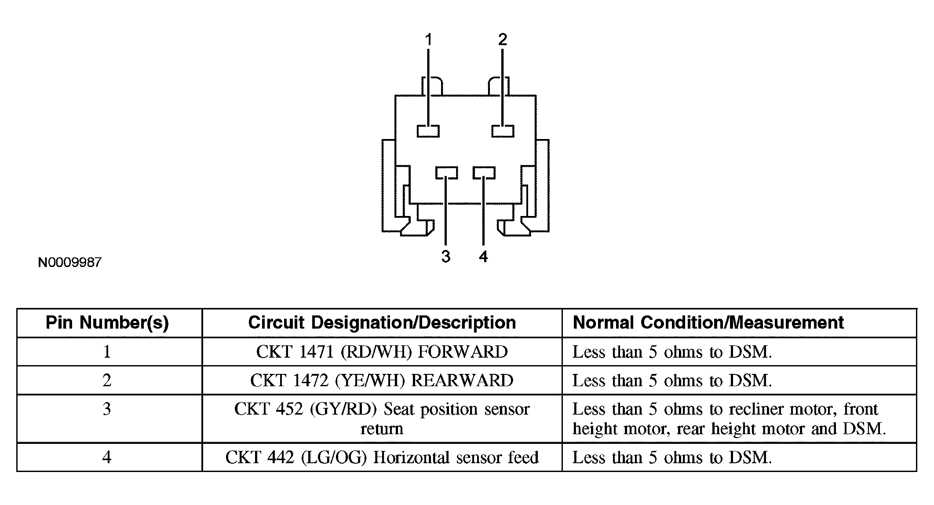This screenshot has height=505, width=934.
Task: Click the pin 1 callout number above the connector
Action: click(428, 40)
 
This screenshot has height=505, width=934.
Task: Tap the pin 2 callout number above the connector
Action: click(503, 40)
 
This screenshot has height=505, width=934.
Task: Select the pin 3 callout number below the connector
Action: click(446, 256)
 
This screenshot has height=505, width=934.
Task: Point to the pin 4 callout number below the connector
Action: click(483, 256)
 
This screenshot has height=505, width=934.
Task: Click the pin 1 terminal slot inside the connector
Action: click(428, 131)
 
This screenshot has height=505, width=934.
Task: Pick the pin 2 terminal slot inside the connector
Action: click(503, 131)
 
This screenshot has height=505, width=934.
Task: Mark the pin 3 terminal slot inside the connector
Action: click(446, 172)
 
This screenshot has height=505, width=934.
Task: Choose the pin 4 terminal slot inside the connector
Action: click(484, 172)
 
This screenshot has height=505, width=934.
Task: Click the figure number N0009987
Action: click(70, 263)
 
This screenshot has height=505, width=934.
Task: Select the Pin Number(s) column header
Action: click(107, 323)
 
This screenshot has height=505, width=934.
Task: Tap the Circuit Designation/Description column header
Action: click(382, 323)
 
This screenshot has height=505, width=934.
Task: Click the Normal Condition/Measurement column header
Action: click(708, 323)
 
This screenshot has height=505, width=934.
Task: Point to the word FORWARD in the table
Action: click(462, 352)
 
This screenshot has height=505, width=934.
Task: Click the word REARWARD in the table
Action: click(462, 381)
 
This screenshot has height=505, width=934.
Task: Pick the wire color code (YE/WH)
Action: click(369, 381)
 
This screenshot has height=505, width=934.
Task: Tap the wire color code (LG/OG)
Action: click(334, 457)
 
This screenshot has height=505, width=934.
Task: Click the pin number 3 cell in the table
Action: click(107, 409)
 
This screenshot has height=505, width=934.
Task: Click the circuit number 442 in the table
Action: click(280, 457)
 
